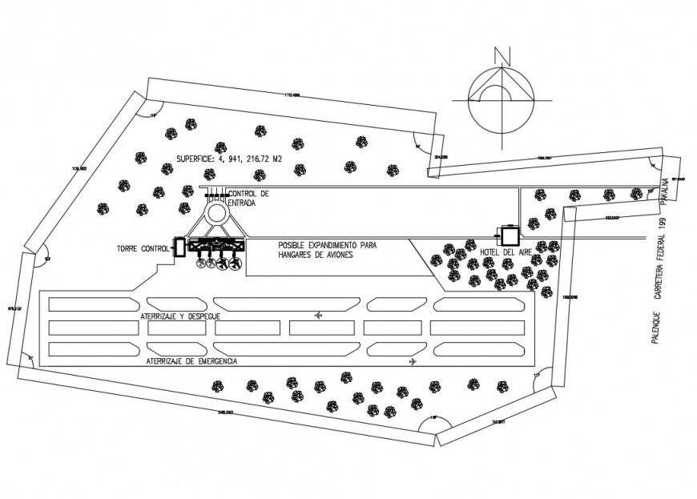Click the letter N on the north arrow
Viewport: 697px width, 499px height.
[502, 55]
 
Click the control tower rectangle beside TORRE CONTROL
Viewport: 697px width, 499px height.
[179, 247]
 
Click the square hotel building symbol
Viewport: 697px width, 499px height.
[508, 235]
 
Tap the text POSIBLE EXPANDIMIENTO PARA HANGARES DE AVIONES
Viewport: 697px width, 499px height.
[327, 249]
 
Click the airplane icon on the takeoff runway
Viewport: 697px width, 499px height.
[320, 316]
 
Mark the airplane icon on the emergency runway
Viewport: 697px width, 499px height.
[413, 361]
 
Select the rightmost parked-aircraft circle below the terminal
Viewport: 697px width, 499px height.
[236, 264]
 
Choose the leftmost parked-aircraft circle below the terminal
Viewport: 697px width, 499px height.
[201, 264]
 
